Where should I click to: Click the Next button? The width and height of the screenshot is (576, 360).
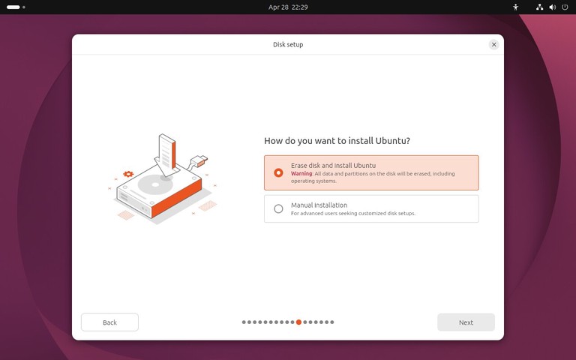pyautogui.click(x=466, y=322)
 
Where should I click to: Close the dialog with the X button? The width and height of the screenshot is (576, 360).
pyautogui.click(x=493, y=44)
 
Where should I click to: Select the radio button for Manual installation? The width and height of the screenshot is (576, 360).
pyautogui.click(x=278, y=208)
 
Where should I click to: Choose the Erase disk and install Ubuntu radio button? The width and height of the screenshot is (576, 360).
pyautogui.click(x=278, y=172)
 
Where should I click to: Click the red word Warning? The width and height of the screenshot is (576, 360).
pyautogui.click(x=301, y=174)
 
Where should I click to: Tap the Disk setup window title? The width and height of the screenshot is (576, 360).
pyautogui.click(x=288, y=44)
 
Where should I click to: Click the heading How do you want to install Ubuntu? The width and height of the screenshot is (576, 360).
pyautogui.click(x=337, y=140)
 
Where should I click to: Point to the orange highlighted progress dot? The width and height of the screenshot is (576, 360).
pyautogui.click(x=298, y=322)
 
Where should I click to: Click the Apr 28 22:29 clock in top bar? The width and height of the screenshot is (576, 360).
pyautogui.click(x=288, y=7)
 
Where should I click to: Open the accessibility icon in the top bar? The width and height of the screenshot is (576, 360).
pyautogui.click(x=515, y=7)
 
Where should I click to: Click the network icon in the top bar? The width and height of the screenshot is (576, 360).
pyautogui.click(x=540, y=7)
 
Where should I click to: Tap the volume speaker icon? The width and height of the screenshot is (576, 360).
pyautogui.click(x=552, y=7)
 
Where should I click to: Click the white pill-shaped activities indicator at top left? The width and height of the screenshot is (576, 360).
pyautogui.click(x=13, y=7)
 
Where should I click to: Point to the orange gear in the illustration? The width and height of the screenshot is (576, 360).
pyautogui.click(x=128, y=174)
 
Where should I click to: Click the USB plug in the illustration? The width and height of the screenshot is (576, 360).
pyautogui.click(x=199, y=159)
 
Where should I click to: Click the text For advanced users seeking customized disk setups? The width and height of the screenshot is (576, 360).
pyautogui.click(x=353, y=214)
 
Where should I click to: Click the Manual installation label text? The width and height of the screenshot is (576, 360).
pyautogui.click(x=319, y=205)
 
